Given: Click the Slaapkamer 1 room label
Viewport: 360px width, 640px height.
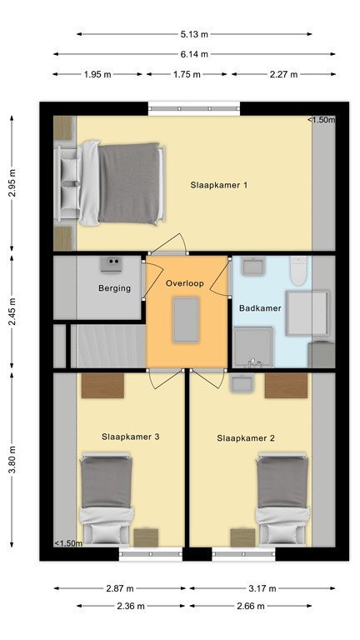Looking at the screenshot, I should tap(219, 185).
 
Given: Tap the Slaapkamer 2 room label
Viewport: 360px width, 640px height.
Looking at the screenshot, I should tap(245, 437).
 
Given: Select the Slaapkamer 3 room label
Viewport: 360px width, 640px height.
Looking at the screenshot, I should tap(131, 436).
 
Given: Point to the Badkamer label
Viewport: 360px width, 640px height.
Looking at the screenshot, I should tap(260, 308).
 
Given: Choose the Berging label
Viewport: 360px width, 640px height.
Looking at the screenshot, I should tap(114, 288).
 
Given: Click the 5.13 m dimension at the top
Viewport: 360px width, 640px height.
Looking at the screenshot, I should tap(193, 34).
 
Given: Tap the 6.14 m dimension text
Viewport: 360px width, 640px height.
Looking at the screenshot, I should tap(193, 54).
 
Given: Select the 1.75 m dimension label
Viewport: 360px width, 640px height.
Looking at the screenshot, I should tap(187, 74).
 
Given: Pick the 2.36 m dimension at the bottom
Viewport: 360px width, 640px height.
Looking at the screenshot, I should tap(132, 606).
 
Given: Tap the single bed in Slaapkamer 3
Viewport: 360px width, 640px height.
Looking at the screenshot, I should tap(106, 497).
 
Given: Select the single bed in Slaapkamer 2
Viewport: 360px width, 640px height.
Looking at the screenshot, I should tap(282, 497).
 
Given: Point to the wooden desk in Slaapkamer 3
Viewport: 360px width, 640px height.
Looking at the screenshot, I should tap(102, 386).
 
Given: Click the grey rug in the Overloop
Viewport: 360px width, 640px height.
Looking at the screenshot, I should tap(187, 320).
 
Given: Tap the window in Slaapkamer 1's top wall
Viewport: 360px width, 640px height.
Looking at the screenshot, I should tap(195, 107).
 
